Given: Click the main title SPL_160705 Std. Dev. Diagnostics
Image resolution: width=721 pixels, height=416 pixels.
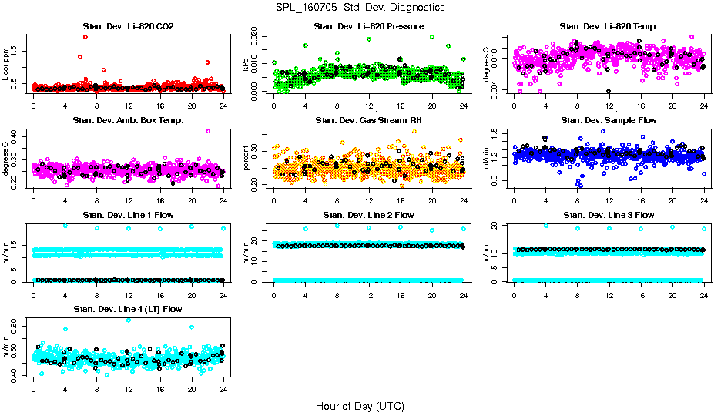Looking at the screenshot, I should (x=360, y=8).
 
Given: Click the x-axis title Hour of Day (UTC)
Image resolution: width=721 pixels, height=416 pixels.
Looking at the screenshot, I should (x=360, y=405).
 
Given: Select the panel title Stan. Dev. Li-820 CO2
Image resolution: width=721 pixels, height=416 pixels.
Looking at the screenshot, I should (x=128, y=27).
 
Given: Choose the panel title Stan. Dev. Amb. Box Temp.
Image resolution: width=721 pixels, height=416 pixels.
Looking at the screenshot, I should (x=128, y=121).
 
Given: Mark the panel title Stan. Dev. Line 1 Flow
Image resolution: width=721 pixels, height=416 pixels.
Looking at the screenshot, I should (x=128, y=215).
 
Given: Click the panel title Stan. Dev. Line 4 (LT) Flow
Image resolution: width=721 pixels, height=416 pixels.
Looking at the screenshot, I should (x=128, y=309).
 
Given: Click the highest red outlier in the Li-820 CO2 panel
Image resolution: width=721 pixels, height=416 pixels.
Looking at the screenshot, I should (x=85, y=36).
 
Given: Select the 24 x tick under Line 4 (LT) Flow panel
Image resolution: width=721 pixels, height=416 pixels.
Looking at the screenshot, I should (x=223, y=389).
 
